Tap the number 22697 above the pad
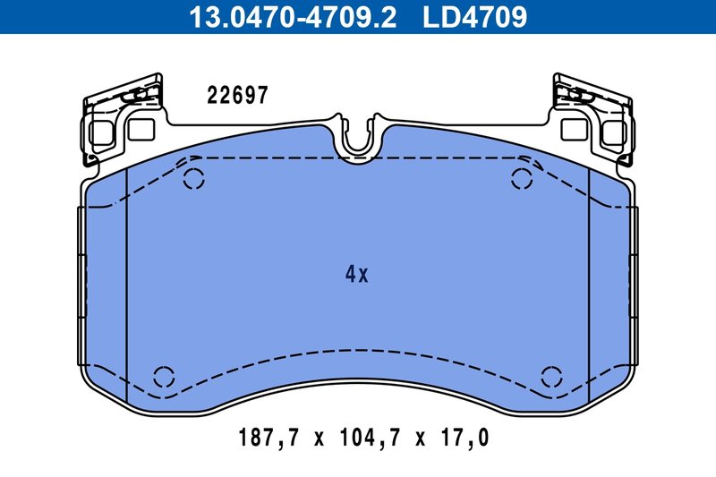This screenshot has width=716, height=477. (x=237, y=96)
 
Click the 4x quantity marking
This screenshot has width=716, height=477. (x=356, y=275)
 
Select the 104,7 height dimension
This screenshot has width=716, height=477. (x=369, y=439)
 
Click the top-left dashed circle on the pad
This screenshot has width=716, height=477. (x=193, y=179)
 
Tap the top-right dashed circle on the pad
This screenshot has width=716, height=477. (x=522, y=179)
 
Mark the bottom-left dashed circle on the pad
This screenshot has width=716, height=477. (x=164, y=376)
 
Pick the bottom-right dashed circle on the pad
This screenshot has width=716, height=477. (x=551, y=376)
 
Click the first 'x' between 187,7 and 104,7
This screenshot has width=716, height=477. (x=317, y=439)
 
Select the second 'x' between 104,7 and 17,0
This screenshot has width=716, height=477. (x=421, y=439)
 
